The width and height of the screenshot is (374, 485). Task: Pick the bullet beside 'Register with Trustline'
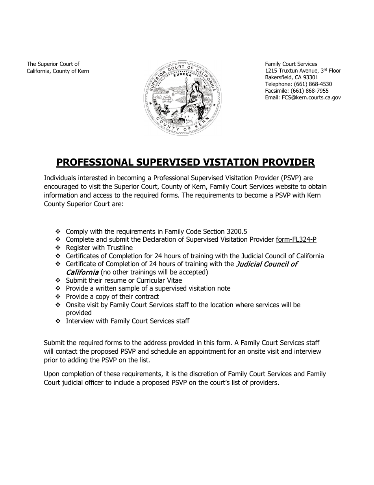(x=58, y=248)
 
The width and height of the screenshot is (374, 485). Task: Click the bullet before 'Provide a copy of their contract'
(x=58, y=297)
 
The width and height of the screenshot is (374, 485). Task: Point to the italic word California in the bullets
(x=82, y=272)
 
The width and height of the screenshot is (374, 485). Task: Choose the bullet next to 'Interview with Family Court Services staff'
(x=58, y=321)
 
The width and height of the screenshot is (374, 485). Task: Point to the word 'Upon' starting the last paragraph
(x=51, y=374)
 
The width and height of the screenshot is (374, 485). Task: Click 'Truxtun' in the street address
(x=288, y=71)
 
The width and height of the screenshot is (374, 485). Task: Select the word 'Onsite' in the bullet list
(x=75, y=305)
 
